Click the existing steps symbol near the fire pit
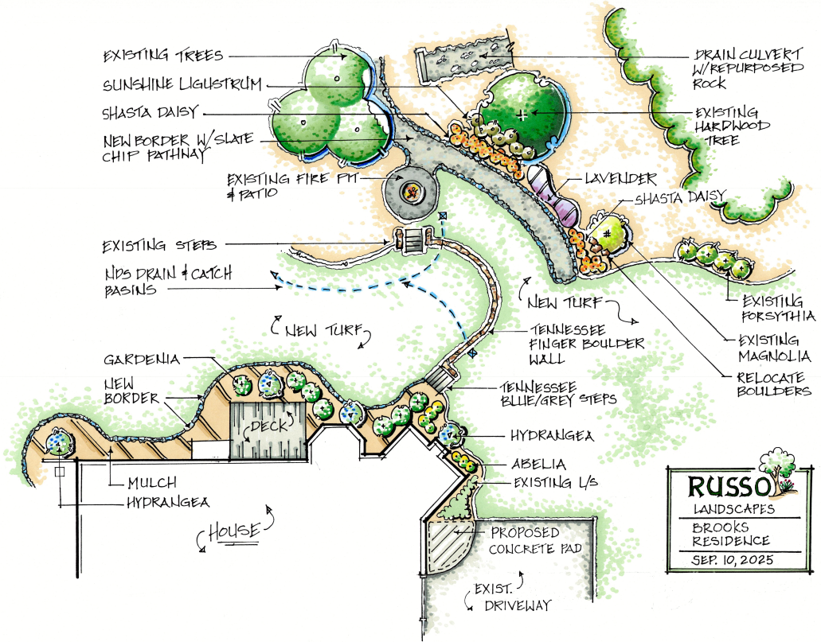click(415, 239)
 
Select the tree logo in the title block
click(776, 469)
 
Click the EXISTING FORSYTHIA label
click(779, 309)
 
